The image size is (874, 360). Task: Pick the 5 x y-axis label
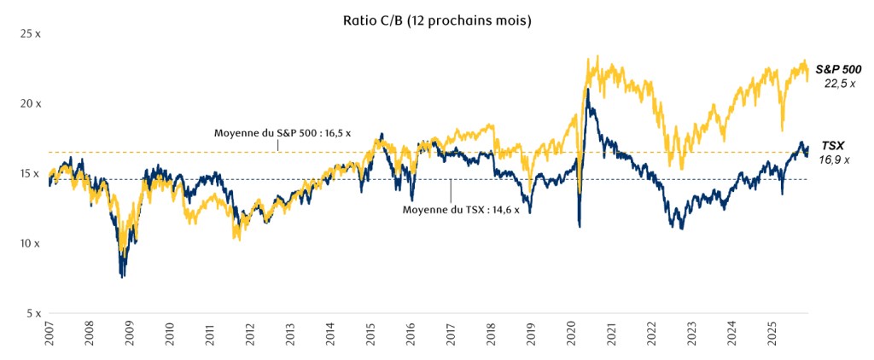click(x=32, y=313)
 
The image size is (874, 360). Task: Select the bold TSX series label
click(x=833, y=146)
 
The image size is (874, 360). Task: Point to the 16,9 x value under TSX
click(x=836, y=160)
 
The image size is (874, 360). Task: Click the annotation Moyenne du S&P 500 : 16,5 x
click(x=283, y=133)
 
